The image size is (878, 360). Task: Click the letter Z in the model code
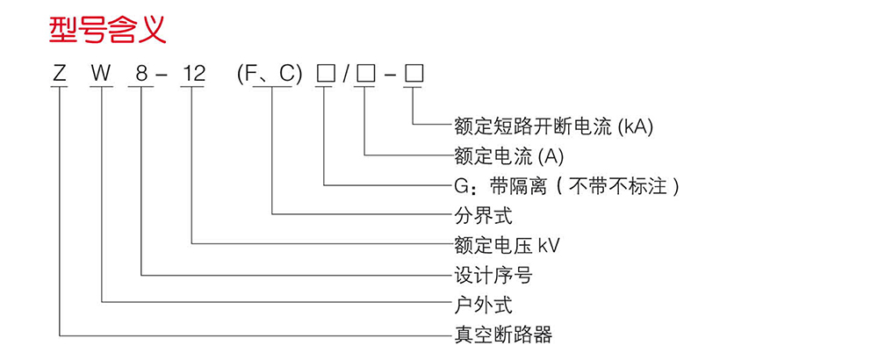click(59, 76)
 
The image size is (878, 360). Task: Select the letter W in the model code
click(102, 76)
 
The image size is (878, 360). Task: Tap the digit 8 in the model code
click(140, 76)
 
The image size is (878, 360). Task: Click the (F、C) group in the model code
click(270, 76)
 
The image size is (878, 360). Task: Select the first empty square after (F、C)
click(326, 76)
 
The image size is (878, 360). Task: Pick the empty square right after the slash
click(365, 76)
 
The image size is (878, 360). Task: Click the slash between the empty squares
click(346, 76)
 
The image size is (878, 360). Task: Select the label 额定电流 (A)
click(508, 156)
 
